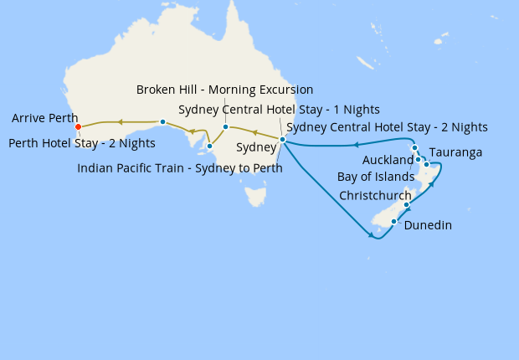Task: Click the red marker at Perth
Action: (78, 127)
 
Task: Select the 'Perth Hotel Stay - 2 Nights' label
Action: (81, 143)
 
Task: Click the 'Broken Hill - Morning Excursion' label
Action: (224, 90)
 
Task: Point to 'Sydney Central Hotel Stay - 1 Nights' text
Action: (279, 110)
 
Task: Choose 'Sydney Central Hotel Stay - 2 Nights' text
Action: (386, 127)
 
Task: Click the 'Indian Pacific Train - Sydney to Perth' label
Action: (179, 167)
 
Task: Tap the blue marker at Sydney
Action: (283, 140)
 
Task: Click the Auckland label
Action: (388, 160)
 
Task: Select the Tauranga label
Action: (455, 152)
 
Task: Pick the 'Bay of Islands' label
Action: (376, 177)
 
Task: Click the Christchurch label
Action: (375, 195)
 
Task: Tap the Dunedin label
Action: (429, 224)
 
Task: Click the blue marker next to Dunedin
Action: (394, 221)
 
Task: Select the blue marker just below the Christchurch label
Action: (407, 205)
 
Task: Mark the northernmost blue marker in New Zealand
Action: (414, 148)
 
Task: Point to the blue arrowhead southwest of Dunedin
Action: (370, 236)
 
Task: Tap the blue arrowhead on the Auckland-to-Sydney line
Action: (355, 145)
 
